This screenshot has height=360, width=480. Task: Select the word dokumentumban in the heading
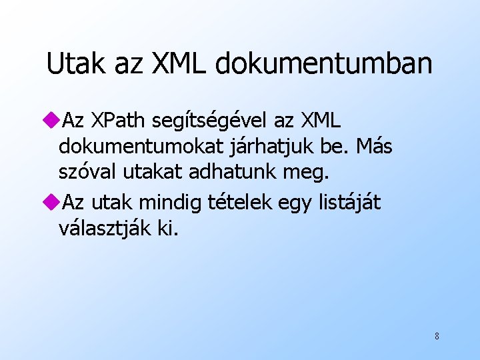click(x=324, y=63)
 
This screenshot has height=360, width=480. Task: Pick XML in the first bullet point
click(x=320, y=121)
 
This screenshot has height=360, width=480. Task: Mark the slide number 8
click(x=437, y=336)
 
